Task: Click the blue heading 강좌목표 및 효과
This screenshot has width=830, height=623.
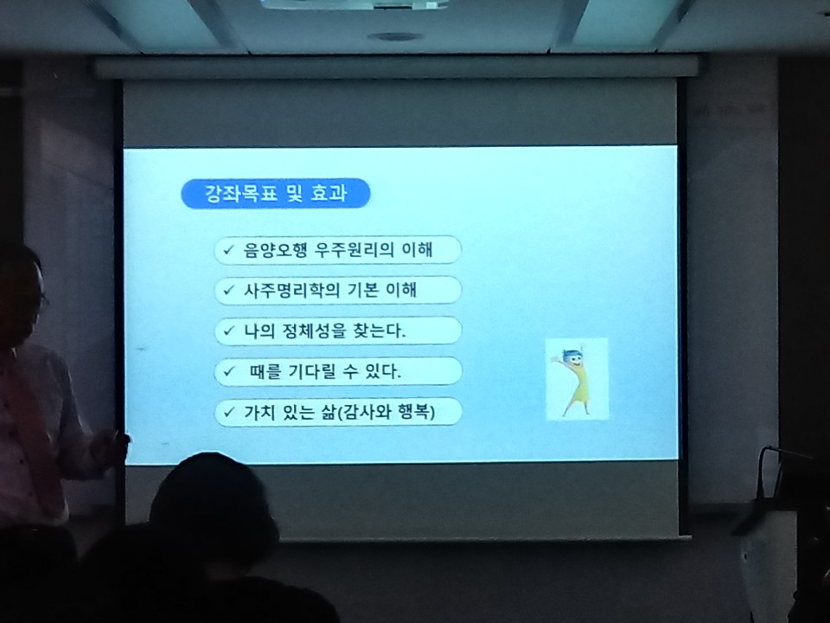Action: point(275,193)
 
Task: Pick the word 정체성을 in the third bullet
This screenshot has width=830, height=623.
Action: point(313,331)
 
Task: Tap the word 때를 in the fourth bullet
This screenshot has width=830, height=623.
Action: point(265,371)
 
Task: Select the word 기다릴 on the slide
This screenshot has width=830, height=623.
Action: point(312,371)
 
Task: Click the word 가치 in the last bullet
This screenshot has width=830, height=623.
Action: point(259,412)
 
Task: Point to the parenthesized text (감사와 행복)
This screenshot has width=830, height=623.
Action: point(386,412)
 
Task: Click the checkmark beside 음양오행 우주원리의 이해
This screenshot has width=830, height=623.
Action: point(228,249)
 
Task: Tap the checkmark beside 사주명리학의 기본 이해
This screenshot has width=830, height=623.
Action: point(228,291)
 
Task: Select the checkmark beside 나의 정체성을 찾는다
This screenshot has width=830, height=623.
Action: point(228,331)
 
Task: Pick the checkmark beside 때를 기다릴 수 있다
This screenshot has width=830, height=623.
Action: point(228,371)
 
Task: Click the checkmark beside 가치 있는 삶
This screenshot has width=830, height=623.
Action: point(228,412)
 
